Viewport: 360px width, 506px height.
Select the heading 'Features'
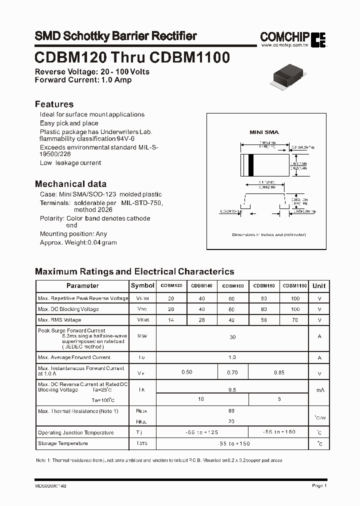point(54,104)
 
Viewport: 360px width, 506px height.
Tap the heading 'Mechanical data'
point(70,183)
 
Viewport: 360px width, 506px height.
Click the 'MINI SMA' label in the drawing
point(264,132)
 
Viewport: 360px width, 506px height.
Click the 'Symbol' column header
point(142,285)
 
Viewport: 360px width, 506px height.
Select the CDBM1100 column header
point(294,285)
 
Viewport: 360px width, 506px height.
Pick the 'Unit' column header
point(319,285)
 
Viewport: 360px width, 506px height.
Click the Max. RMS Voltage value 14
point(171,319)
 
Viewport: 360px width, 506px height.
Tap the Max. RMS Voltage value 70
point(294,319)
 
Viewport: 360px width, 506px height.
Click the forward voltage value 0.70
point(232,372)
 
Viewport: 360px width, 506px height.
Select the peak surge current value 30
point(232,337)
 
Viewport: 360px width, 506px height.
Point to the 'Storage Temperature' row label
point(62,443)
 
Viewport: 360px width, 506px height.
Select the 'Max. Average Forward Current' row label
point(74,357)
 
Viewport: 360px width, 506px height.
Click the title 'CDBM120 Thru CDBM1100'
point(132,57)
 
